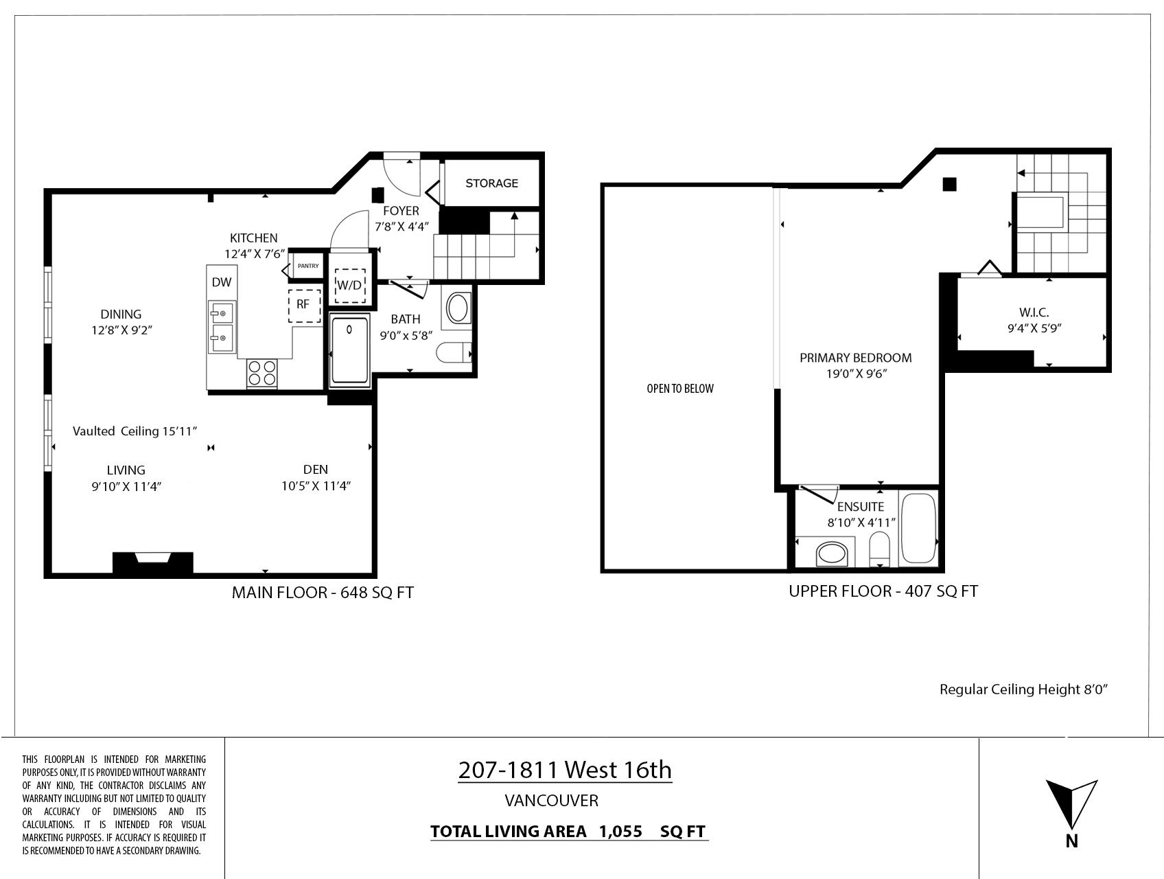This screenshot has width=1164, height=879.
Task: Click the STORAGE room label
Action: click(x=491, y=183)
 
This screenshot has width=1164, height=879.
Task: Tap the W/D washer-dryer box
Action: click(x=349, y=284)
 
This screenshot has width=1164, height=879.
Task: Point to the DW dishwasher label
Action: click(x=221, y=282)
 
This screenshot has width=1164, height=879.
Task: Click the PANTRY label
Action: click(x=308, y=266)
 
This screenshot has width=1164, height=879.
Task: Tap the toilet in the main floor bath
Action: click(x=454, y=353)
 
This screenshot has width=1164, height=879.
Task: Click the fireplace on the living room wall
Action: click(x=152, y=562)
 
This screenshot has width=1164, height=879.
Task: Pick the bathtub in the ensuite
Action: click(x=918, y=528)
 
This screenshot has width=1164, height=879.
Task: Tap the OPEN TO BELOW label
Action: click(x=680, y=389)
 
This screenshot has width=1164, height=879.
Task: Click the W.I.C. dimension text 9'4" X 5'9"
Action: click(x=1034, y=328)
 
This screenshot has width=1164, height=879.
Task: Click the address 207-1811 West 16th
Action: click(x=565, y=770)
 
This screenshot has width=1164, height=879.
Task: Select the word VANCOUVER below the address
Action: click(x=552, y=801)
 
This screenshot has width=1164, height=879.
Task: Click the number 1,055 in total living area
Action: click(x=620, y=832)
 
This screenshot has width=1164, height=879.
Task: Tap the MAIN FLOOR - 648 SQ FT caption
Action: click(x=323, y=593)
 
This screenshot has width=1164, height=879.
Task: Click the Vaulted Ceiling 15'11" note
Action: click(x=135, y=431)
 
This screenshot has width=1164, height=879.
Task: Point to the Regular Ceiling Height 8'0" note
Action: click(x=1024, y=689)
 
